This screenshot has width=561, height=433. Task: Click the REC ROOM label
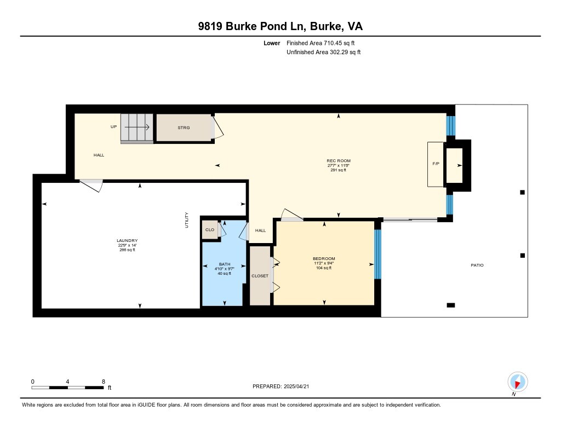point(339,161)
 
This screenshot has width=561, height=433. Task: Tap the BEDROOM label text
point(324,258)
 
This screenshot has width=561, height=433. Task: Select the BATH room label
point(225,264)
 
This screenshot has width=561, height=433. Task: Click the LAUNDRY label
point(127,241)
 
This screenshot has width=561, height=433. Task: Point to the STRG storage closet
point(184,128)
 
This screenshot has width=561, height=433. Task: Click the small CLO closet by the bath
point(210,229)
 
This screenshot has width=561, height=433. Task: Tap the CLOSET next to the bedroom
point(260,276)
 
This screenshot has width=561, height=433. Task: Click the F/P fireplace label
point(436,164)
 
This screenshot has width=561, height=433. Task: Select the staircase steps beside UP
point(136,128)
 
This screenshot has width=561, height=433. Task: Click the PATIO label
point(477,265)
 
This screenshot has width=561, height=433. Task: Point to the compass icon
point(517,382)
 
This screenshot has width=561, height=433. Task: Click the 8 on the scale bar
point(104,382)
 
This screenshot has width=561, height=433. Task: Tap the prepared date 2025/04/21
point(296,386)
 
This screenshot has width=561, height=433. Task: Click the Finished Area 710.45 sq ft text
point(320,43)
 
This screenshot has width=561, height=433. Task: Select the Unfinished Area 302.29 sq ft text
point(323,52)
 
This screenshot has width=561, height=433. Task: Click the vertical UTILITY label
point(186,220)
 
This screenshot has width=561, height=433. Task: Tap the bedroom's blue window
point(378,254)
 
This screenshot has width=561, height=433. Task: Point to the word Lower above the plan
point(272,43)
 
